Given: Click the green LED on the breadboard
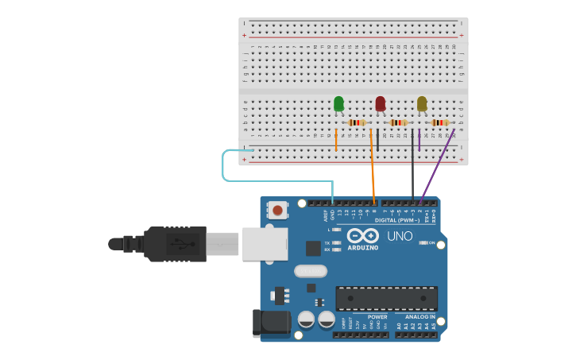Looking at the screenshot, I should (338, 104).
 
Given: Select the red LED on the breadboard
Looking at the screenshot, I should (381, 103).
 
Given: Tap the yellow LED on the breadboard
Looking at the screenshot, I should (422, 104).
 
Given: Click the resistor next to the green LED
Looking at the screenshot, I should (357, 122).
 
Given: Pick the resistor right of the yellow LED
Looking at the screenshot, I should (440, 122).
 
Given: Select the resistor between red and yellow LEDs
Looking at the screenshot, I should (398, 122).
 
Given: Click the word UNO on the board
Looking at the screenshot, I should (399, 236).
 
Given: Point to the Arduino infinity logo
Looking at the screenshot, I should (362, 236).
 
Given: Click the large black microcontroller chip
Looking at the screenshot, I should (386, 298).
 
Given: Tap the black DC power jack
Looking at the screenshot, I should (270, 322).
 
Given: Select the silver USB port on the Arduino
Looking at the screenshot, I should (265, 244).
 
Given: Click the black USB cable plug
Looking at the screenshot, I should (175, 243).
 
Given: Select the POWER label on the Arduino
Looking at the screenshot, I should (377, 317).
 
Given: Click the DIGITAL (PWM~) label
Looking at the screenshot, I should (397, 220).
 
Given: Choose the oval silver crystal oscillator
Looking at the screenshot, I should (310, 271).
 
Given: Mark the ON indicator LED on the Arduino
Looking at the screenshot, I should (423, 243).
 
